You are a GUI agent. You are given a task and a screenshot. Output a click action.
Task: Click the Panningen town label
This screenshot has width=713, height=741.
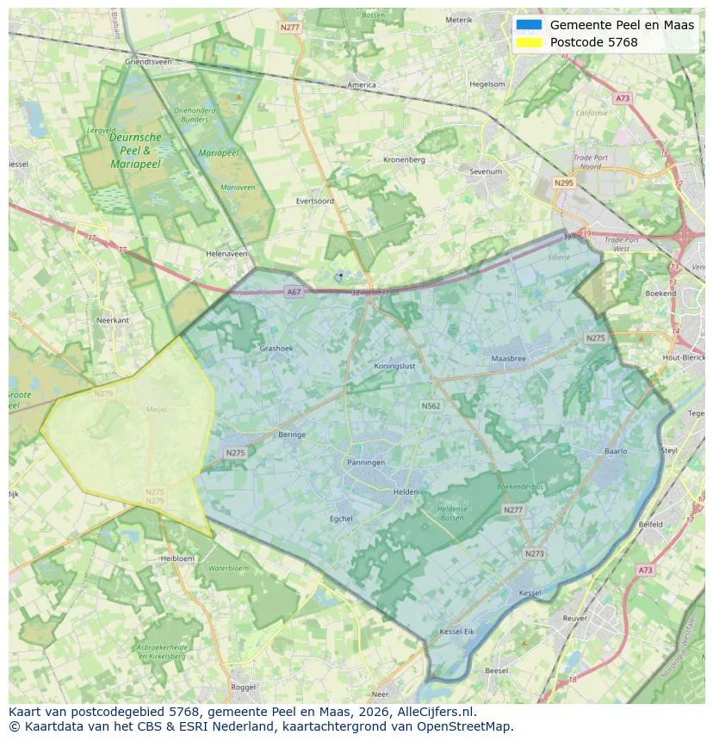tap(366, 462)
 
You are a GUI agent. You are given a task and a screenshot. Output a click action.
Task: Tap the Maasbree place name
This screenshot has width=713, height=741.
tap(508, 358)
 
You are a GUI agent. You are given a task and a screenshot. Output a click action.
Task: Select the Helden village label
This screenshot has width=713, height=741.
tap(405, 492)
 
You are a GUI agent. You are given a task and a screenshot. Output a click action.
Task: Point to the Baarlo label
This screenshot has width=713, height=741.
tap(616, 451)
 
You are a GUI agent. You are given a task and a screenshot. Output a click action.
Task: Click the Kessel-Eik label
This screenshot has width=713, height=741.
tap(456, 632)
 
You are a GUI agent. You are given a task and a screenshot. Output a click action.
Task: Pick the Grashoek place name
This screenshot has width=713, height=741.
tap(276, 349)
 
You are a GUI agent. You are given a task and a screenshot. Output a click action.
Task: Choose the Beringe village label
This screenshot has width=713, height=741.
tap(292, 435)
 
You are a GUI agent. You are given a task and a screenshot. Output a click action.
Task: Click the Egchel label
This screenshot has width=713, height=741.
tap(342, 519)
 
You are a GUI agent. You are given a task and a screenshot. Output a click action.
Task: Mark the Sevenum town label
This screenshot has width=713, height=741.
tap(486, 171)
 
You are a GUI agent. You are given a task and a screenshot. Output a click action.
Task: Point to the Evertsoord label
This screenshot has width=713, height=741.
tap(314, 201)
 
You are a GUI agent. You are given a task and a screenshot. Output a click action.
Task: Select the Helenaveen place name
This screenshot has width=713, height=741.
tap(226, 254)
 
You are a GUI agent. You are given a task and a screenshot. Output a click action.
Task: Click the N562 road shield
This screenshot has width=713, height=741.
tap(431, 405)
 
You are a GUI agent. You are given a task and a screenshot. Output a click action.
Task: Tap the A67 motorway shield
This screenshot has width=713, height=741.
tap(294, 292)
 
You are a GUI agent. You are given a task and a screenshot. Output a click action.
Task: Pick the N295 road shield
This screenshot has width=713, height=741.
tap(564, 183)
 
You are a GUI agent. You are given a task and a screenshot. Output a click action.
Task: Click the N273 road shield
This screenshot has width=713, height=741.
tap(534, 553)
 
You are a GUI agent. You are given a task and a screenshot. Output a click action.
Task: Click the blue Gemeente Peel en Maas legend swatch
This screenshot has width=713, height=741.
tap(530, 25)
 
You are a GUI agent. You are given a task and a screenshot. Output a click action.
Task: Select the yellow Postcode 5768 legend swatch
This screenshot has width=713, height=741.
tap(530, 42)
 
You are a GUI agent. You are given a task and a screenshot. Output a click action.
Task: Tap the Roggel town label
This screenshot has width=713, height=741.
tap(244, 687)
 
